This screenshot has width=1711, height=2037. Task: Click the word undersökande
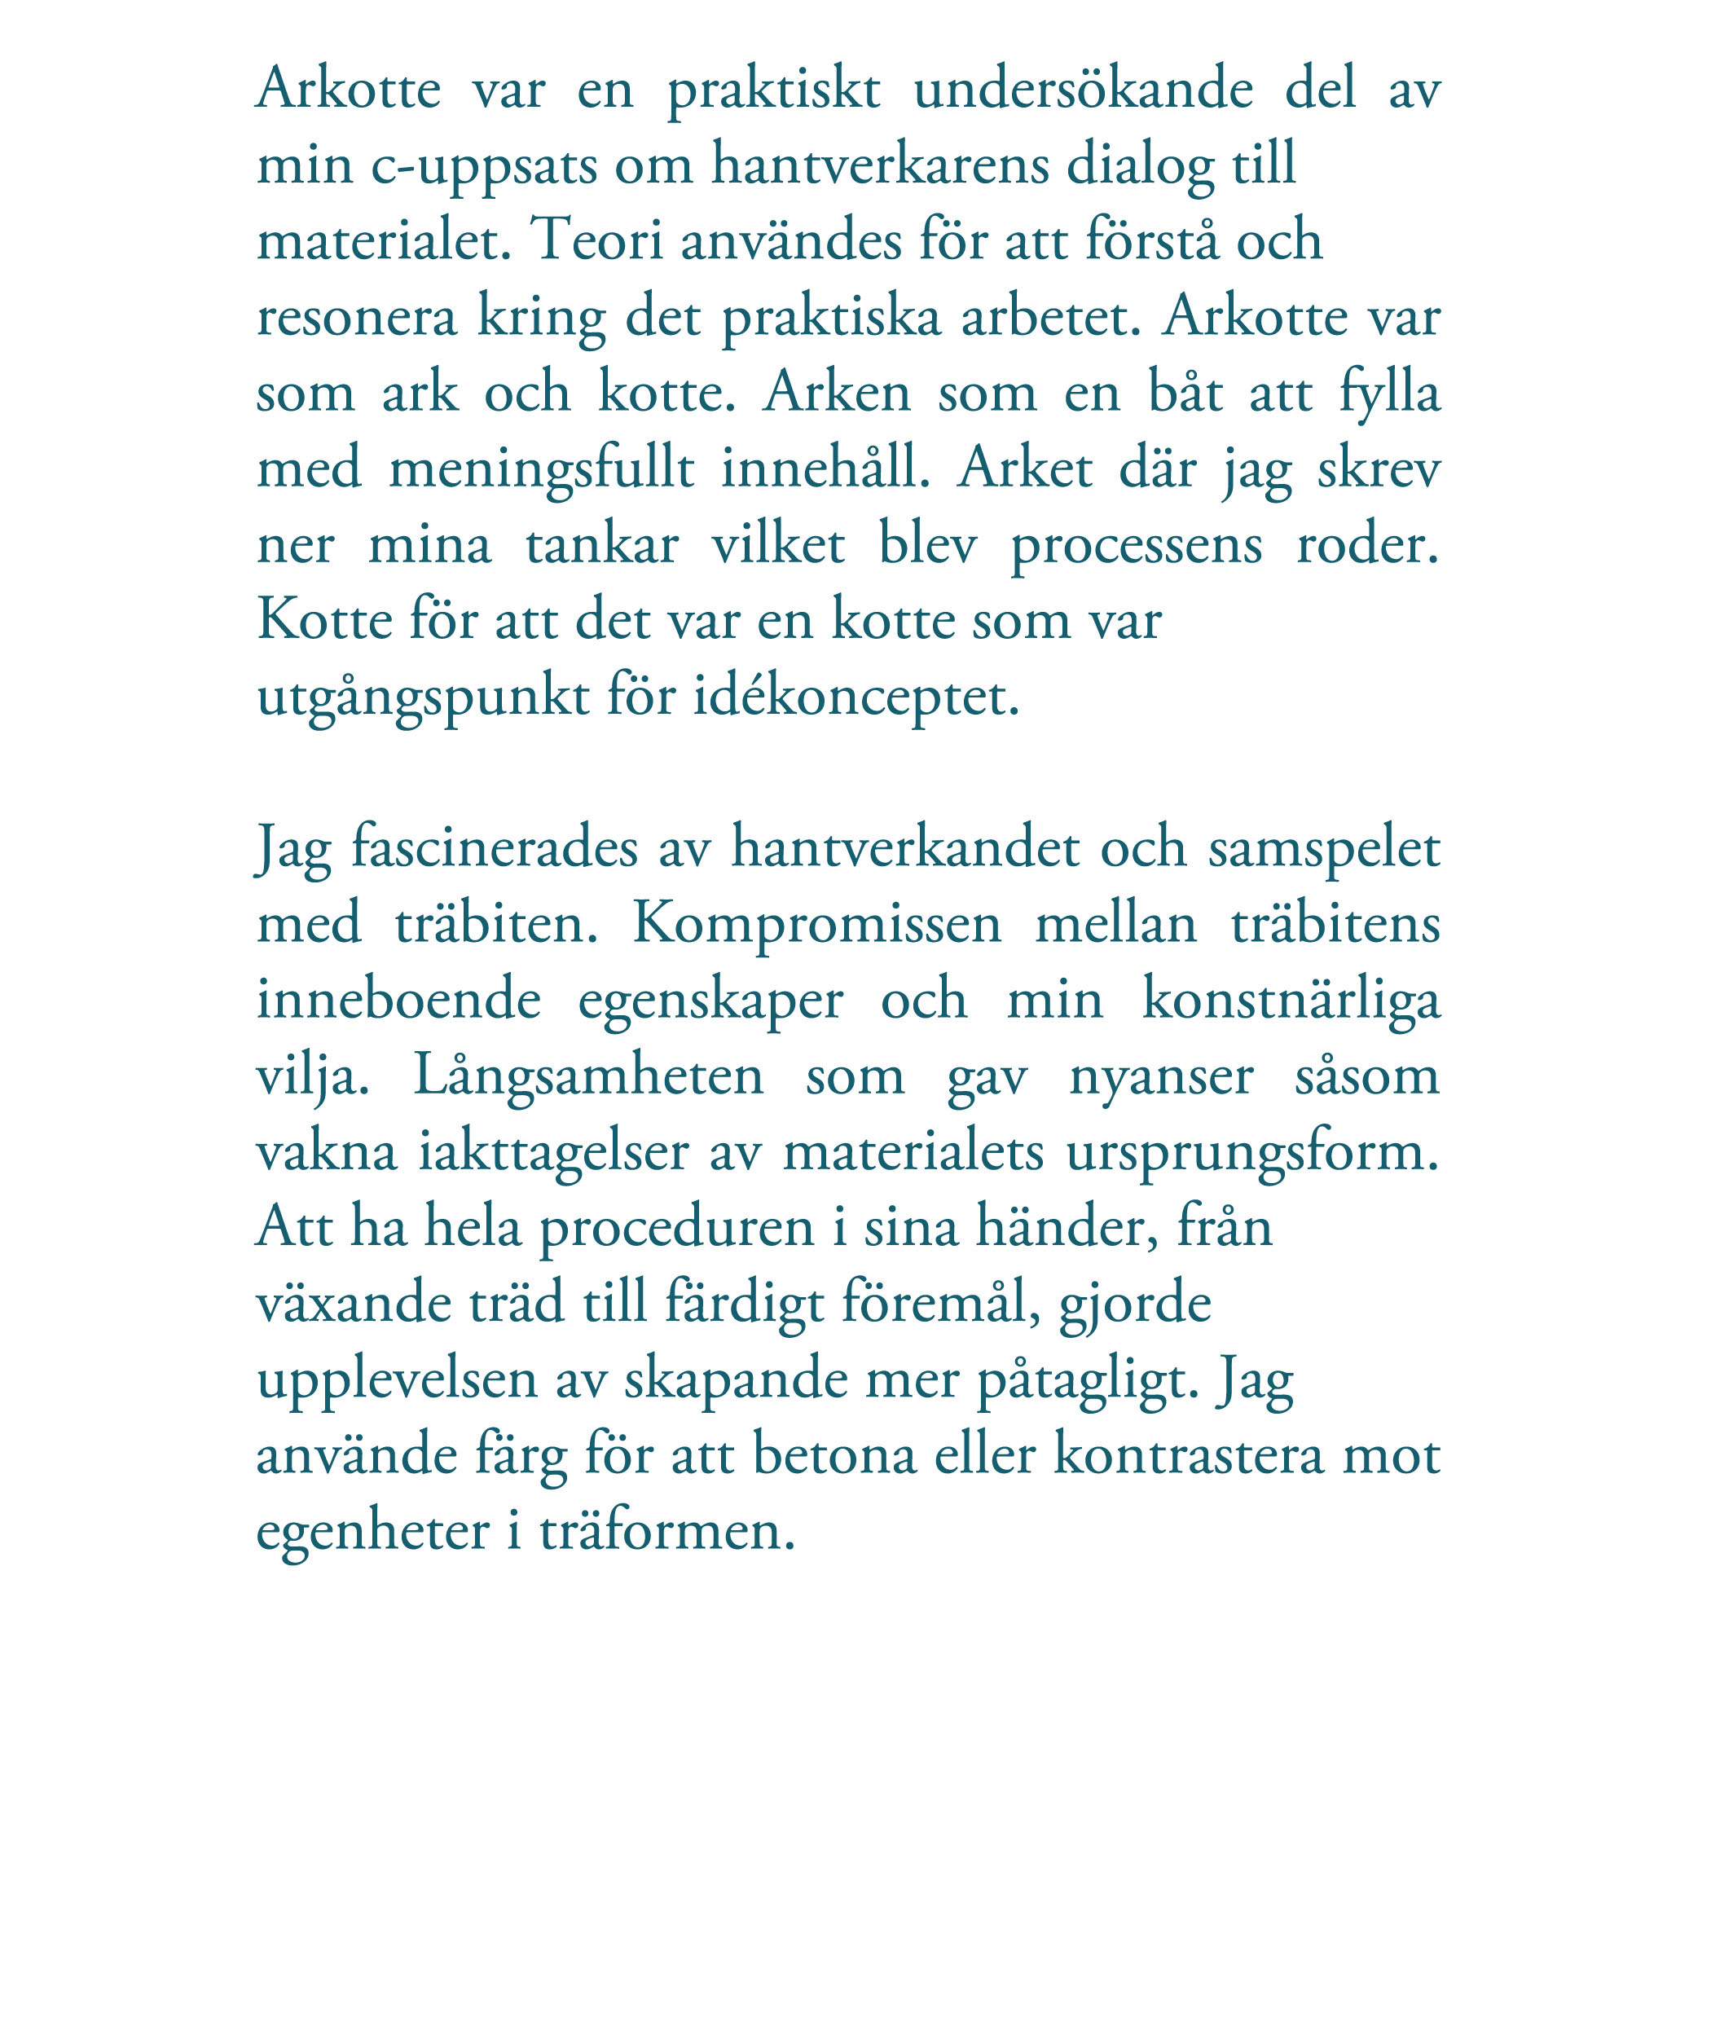[x=1083, y=90]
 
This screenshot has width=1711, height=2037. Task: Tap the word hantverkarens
[x=880, y=164]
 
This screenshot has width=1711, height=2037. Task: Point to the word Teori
[x=596, y=240]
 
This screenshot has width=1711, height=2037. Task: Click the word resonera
[x=356, y=317]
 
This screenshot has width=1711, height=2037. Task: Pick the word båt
[x=1185, y=393]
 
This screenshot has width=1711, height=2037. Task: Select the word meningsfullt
[x=541, y=469]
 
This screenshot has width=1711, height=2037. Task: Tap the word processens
[x=1137, y=545]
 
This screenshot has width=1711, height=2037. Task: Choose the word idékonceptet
[x=855, y=697]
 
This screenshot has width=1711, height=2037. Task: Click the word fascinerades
[x=494, y=847]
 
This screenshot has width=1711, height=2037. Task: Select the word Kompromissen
[x=816, y=923]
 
